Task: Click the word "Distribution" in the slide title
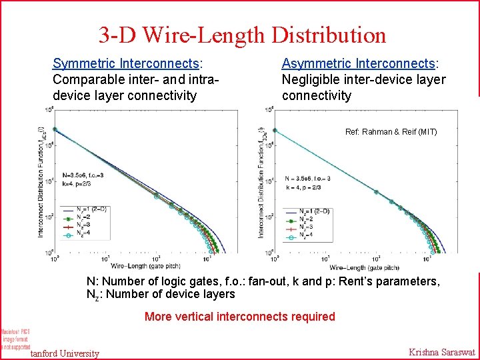(x=329, y=35)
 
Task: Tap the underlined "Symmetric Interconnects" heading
(x=127, y=64)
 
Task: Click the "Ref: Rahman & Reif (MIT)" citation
(x=391, y=132)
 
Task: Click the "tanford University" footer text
(x=65, y=353)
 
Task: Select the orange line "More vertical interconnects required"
(x=240, y=316)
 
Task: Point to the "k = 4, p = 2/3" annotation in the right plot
(x=305, y=187)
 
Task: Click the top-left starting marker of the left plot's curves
(x=55, y=129)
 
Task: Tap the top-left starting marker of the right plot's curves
(x=276, y=129)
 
